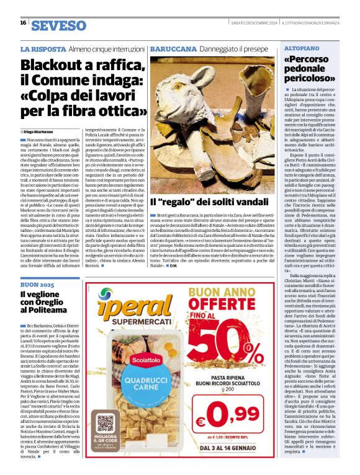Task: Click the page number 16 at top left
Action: click(x=23, y=23)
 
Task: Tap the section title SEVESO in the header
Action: click(x=59, y=25)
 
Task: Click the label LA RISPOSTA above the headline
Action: click(x=42, y=48)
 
